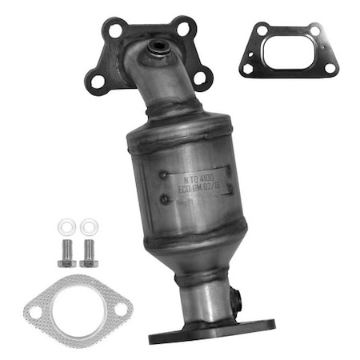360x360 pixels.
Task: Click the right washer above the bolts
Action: tap(86, 227)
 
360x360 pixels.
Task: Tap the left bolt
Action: tap(65, 252)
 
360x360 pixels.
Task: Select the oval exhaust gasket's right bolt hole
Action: tap(120, 307)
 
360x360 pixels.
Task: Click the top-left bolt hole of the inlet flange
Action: tap(117, 30)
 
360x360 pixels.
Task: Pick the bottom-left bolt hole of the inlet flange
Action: tap(96, 80)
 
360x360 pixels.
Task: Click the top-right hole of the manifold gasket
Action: tap(314, 30)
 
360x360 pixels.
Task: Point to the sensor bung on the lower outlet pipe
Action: tap(236, 299)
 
